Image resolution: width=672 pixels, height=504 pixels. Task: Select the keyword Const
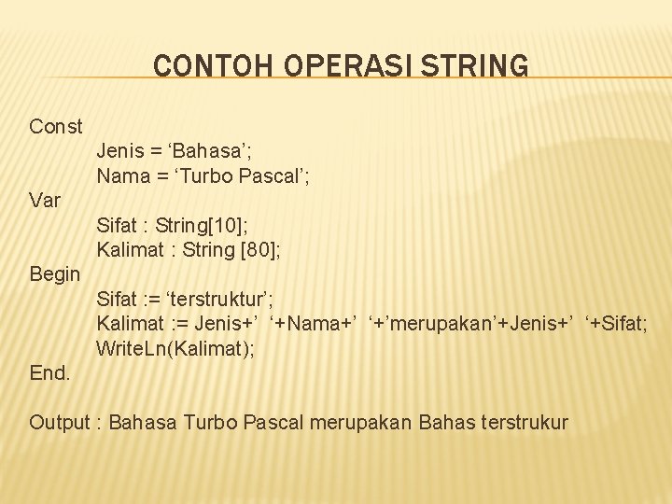[x=56, y=126]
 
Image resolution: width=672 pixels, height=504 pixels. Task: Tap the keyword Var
[x=45, y=200]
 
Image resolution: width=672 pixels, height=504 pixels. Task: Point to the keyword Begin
[x=55, y=274]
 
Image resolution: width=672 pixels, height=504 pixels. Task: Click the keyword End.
[x=49, y=373]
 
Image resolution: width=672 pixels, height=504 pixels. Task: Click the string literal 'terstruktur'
[x=223, y=300]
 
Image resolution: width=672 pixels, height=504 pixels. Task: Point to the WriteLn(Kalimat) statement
[x=175, y=349]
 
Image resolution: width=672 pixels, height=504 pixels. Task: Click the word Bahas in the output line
[x=443, y=423]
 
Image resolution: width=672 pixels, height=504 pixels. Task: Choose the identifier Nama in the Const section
[x=119, y=175]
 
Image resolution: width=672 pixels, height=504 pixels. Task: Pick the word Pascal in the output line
[x=272, y=423]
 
